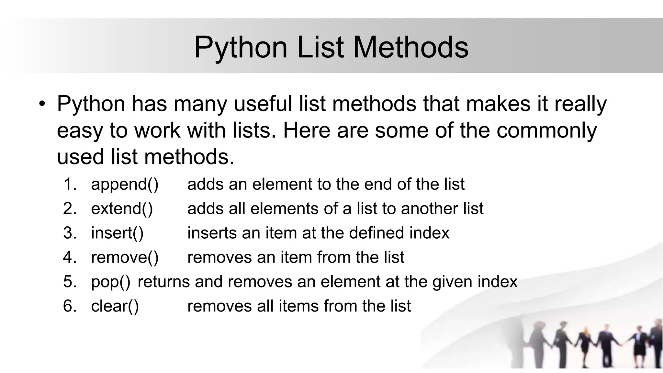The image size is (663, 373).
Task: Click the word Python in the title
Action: point(241,48)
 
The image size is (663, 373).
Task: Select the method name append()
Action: point(125,185)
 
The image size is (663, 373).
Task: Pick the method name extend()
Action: point(122,209)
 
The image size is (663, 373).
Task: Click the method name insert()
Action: point(117,233)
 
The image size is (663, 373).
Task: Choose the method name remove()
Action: point(125,257)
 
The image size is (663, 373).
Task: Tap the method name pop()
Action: point(110,282)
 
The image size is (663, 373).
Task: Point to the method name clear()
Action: point(115,306)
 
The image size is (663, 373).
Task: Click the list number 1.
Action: point(70,184)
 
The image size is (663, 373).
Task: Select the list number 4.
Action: point(70,257)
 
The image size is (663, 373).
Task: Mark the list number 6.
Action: point(70,306)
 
